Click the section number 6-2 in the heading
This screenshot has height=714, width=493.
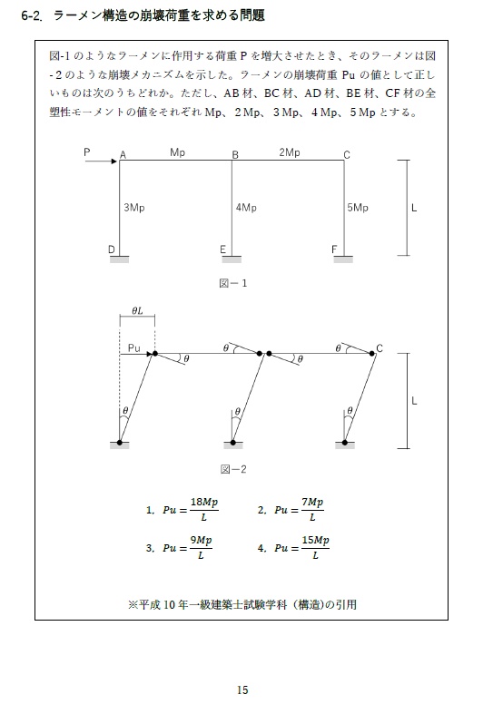click(35, 16)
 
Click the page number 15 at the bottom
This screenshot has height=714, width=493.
click(242, 690)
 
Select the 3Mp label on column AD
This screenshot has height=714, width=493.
click(133, 208)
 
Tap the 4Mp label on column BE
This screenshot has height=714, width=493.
click(245, 208)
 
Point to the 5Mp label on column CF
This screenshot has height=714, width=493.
click(358, 208)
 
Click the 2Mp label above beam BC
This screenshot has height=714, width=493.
click(289, 152)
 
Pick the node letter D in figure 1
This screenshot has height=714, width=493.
click(111, 249)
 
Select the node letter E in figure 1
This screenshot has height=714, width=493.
click(222, 249)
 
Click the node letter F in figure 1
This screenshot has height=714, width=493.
click(334, 249)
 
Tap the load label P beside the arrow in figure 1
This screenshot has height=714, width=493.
click(87, 152)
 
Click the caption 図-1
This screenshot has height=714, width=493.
click(233, 283)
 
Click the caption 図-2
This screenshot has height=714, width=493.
click(233, 470)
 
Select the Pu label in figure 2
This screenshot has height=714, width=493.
click(133, 347)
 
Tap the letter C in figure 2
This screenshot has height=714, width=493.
click(380, 348)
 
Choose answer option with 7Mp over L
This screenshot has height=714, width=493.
click(300, 510)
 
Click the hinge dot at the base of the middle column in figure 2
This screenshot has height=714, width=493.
click(233, 444)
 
